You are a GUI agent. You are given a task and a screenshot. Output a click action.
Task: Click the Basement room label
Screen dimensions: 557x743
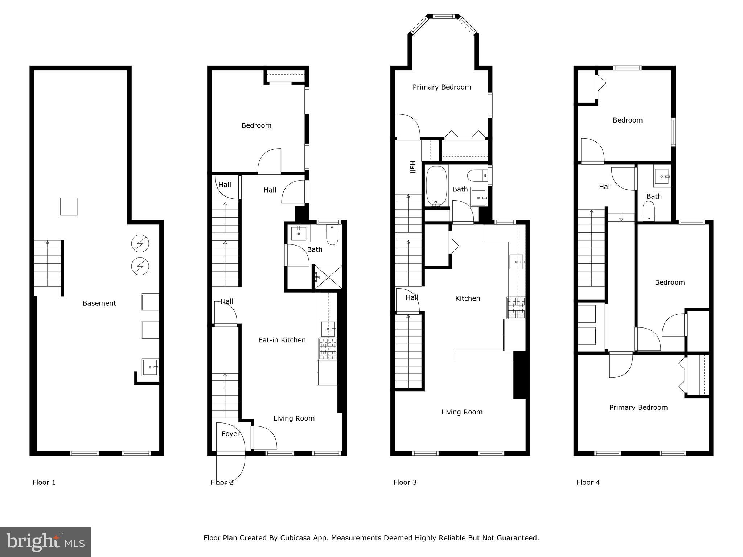tap(99, 303)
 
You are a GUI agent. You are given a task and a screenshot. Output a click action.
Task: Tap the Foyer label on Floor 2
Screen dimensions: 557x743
tap(230, 434)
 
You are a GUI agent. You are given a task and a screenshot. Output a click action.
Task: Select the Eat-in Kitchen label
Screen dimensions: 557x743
tap(282, 340)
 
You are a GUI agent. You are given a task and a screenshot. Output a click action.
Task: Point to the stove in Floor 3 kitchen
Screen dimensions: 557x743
tap(516, 308)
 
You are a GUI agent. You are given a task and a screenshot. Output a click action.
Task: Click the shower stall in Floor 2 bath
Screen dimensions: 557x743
tap(328, 277)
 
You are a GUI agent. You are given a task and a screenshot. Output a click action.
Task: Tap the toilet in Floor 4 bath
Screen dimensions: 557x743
tap(648, 211)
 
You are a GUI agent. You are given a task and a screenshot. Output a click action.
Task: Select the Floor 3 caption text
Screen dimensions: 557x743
tap(405, 482)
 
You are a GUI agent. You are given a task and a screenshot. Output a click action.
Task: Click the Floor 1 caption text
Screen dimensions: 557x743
tap(44, 482)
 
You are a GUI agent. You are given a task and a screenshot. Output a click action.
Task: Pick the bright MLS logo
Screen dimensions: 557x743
tap(45, 542)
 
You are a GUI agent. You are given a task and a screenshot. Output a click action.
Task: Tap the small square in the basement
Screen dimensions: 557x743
tap(69, 206)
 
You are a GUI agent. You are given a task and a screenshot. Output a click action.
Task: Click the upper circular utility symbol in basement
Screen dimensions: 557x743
tap(140, 243)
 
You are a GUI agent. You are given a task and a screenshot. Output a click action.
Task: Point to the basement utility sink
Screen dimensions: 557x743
tap(150, 367)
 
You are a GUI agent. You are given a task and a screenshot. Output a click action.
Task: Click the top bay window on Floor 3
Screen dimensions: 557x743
tap(444, 16)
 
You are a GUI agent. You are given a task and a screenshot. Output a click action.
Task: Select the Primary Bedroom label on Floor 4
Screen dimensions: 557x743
tap(638, 407)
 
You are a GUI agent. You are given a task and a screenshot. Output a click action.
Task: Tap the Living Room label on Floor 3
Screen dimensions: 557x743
tap(461, 412)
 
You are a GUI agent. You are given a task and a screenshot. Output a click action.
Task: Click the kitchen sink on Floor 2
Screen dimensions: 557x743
tap(328, 329)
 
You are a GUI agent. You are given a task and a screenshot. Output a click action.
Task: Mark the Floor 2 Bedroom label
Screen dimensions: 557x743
tap(256, 125)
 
